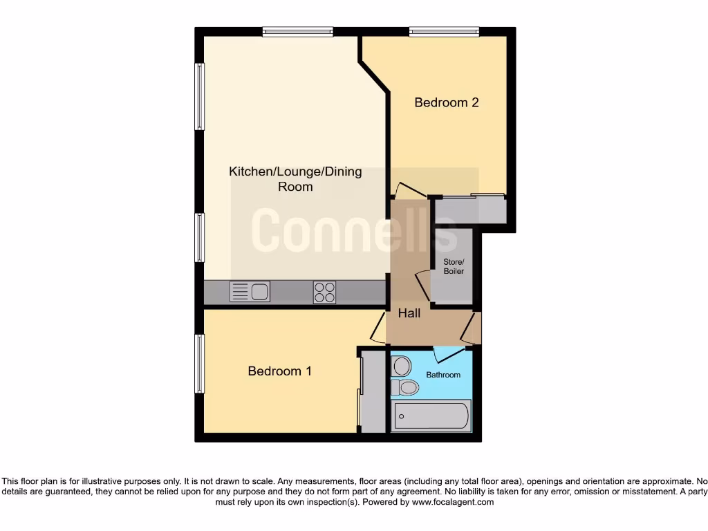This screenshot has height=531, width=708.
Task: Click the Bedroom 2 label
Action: tap(446, 102)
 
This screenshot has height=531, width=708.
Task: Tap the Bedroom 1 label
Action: tap(279, 371)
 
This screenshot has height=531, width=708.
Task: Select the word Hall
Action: tap(409, 313)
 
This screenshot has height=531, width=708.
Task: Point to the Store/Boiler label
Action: tap(454, 266)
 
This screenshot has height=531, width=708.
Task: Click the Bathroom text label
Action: tap(442, 375)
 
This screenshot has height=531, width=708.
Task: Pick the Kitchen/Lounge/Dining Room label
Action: tap(295, 179)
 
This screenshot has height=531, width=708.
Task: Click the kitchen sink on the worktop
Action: tap(250, 292)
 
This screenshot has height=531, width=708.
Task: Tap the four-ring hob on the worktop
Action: tap(324, 292)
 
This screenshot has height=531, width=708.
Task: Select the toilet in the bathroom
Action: tap(402, 366)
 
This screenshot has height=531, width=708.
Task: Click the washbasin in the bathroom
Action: tap(406, 388)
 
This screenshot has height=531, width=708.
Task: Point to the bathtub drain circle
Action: tap(402, 417)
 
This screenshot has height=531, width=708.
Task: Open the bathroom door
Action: tap(447, 354)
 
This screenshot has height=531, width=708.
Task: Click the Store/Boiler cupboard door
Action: tap(422, 286)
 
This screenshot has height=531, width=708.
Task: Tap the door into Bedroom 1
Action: tap(378, 328)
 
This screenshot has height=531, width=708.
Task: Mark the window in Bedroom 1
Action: tap(200, 364)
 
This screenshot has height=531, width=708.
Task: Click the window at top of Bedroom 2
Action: tap(443, 31)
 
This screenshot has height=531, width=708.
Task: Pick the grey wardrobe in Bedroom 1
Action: tap(373, 392)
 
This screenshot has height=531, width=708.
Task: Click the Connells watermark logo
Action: tap(354, 230)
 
